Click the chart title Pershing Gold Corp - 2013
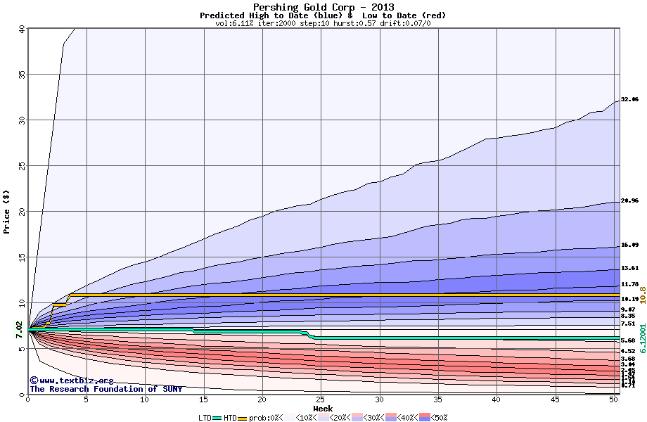(323, 7)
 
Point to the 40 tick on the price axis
(21, 29)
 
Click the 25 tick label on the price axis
(21, 166)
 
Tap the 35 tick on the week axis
(438, 399)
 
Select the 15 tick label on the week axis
(203, 399)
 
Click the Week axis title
(323, 409)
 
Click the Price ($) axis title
(6, 211)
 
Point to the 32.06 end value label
(629, 100)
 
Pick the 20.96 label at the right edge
(629, 201)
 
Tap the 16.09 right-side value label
(629, 245)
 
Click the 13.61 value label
(629, 268)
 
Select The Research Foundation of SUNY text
(105, 389)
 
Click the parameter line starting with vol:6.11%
(323, 23)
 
